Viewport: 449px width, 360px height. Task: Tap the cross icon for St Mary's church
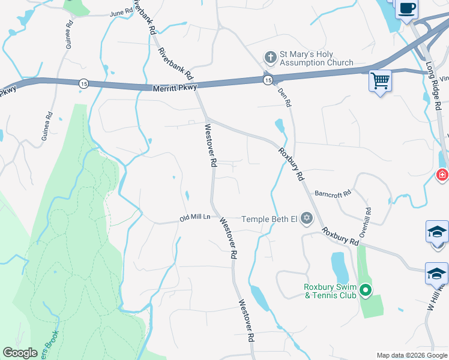(270, 58)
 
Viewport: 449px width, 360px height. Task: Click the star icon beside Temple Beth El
(307, 218)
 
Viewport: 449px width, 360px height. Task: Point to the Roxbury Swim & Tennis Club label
(330, 290)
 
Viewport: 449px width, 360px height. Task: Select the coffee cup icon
(406, 8)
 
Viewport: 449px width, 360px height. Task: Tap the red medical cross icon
(442, 175)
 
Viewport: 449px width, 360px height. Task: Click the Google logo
(20, 353)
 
